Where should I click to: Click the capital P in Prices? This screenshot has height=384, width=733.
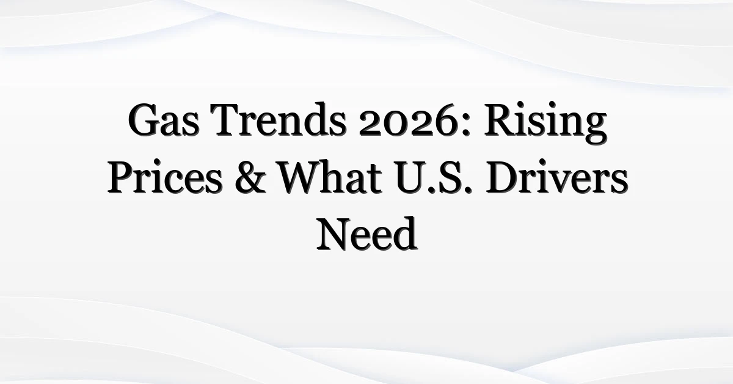(120, 180)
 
